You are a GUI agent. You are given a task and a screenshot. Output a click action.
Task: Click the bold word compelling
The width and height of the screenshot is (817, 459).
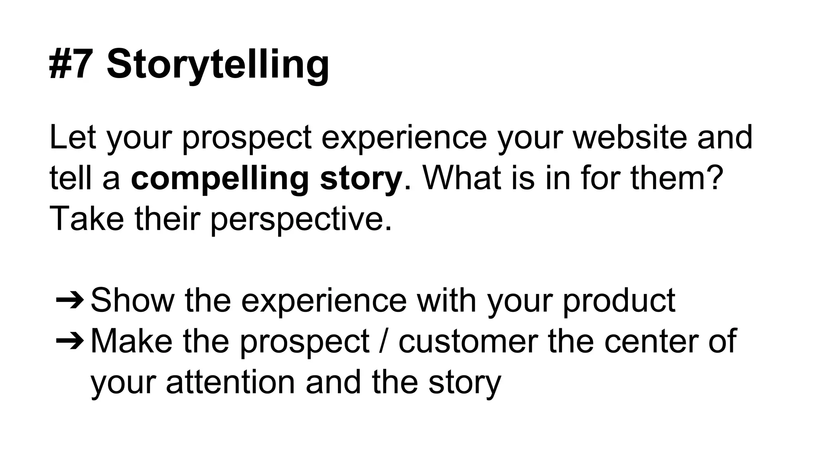220,179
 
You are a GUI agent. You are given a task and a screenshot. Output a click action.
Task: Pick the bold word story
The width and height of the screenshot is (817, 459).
361,179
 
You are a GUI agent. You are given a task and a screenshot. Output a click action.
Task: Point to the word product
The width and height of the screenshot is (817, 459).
619,301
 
